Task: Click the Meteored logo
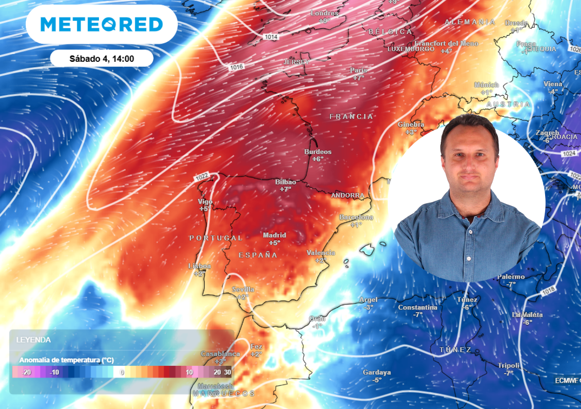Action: pos(102,25)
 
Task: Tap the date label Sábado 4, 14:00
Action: pos(102,59)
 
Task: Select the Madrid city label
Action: pos(275,235)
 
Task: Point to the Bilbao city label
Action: pos(286,182)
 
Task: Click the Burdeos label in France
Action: pos(318,152)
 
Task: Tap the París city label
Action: pos(359,70)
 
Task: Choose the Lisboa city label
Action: pos(200,266)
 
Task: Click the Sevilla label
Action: pos(243,289)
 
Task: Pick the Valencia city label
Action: pos(321,253)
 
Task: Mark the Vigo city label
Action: pos(205,202)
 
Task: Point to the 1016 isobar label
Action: pos(236,67)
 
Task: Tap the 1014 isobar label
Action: pos(271,36)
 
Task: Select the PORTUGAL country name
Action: pos(216,238)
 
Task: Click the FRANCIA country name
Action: pos(351,117)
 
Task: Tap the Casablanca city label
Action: pos(220,354)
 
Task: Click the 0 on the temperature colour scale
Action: pos(122,372)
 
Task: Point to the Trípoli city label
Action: pos(508,365)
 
